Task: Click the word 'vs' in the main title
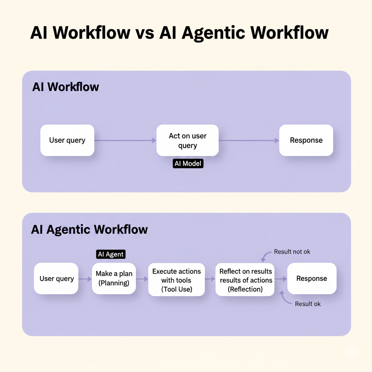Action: (x=145, y=33)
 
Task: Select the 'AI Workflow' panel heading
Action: (x=66, y=87)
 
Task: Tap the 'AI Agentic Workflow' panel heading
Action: (x=90, y=230)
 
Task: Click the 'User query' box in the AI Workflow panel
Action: (x=67, y=140)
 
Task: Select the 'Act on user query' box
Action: (x=187, y=141)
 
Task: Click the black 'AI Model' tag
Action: (x=188, y=164)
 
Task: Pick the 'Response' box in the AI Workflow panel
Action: (x=306, y=140)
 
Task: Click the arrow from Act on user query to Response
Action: (x=249, y=140)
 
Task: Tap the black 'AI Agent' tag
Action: (x=111, y=254)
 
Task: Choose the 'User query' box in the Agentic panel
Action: (x=56, y=279)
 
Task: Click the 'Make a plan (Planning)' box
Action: (x=114, y=279)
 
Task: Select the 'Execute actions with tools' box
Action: (x=177, y=280)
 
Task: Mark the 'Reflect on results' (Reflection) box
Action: (x=246, y=280)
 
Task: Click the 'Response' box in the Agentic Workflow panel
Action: (x=312, y=279)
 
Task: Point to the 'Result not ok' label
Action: (x=292, y=252)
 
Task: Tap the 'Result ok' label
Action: (x=308, y=304)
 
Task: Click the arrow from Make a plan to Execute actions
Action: (x=142, y=279)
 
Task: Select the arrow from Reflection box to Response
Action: (x=280, y=279)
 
